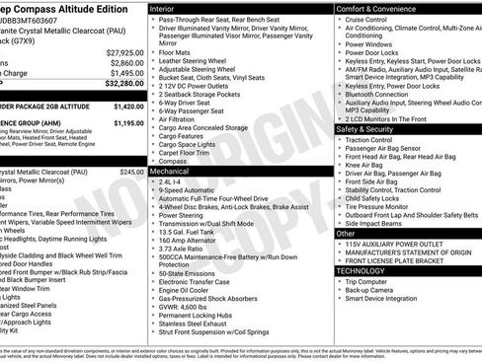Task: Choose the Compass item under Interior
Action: point(175,161)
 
